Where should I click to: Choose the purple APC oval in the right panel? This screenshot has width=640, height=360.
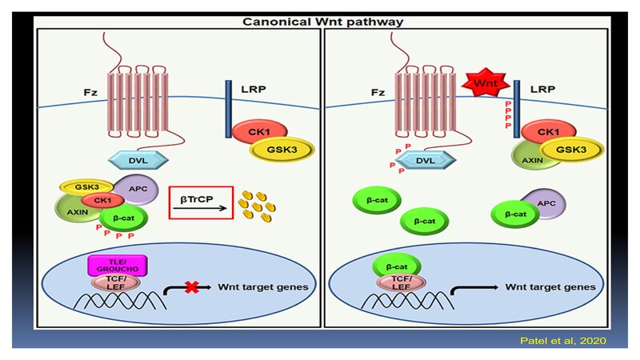pyautogui.click(x=543, y=204)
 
